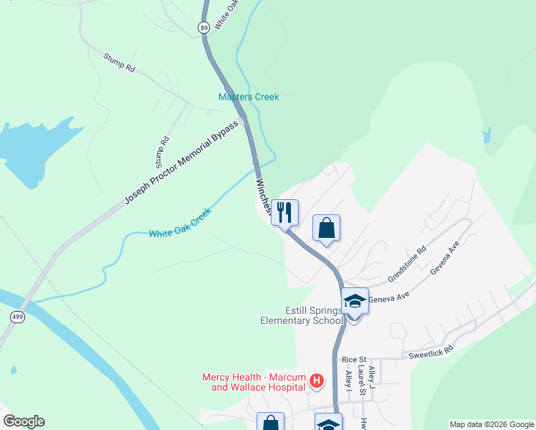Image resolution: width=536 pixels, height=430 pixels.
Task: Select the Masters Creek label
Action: point(248,97)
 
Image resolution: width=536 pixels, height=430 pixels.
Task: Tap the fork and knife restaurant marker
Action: point(284,213)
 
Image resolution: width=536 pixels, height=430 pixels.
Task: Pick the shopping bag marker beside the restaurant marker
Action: point(326,229)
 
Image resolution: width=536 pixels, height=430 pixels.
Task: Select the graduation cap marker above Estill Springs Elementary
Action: point(354,301)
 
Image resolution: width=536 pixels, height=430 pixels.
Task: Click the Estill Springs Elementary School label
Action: point(302,315)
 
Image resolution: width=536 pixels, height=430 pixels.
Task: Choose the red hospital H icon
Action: point(317,382)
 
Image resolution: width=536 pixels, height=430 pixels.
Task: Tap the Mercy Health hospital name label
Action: point(254,382)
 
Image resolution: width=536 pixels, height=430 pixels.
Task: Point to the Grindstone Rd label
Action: point(407,264)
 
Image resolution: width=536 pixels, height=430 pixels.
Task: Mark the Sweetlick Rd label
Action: point(431,350)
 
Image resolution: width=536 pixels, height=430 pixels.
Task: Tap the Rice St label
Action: point(354,359)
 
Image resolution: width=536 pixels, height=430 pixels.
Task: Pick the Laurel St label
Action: point(363,381)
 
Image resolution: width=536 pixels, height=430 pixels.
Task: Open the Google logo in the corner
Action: point(24,421)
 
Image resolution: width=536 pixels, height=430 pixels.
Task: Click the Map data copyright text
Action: point(492,424)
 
